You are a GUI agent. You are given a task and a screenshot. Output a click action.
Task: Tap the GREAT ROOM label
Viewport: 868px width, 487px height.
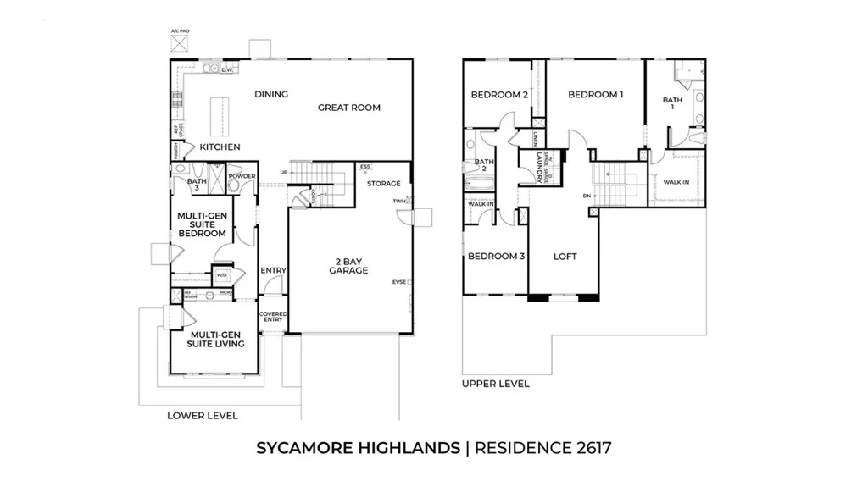point(349,108)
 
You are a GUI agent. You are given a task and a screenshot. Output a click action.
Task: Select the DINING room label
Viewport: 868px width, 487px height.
point(271,94)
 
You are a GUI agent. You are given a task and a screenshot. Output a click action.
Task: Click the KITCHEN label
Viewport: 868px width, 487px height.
point(220,147)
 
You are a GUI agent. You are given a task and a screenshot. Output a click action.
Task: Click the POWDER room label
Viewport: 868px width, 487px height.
point(242,177)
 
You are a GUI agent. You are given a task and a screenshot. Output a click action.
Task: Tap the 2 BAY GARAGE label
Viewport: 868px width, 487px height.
point(349,265)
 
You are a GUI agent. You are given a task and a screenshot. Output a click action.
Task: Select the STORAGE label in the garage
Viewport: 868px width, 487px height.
point(383,183)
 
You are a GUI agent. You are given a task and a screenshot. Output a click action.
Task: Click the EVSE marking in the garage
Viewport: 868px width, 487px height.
point(398,282)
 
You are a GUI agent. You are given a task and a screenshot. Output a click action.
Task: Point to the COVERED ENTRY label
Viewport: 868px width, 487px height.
point(274,317)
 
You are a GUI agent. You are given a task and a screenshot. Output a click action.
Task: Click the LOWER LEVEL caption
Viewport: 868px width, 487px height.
point(203,416)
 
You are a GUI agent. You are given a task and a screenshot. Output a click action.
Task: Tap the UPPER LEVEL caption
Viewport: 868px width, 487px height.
point(496,384)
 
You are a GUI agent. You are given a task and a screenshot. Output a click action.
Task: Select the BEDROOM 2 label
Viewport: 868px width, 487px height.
point(499,95)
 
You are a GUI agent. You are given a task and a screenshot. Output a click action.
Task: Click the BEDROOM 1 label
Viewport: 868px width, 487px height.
point(596,95)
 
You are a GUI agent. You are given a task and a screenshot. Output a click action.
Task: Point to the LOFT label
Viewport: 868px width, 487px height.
point(565,257)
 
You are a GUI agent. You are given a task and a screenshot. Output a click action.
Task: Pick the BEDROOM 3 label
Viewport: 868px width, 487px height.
point(496,257)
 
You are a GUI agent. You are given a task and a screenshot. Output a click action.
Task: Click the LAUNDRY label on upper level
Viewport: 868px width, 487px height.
point(538,168)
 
